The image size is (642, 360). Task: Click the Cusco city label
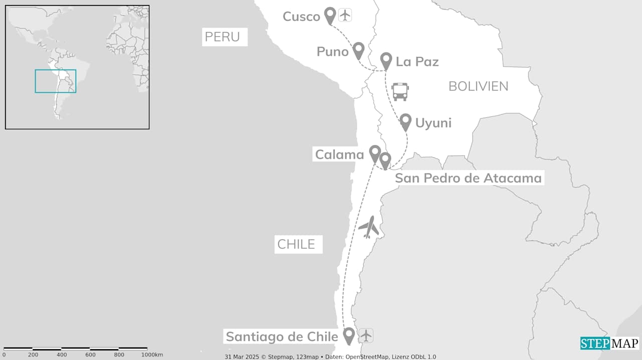coord(301,17)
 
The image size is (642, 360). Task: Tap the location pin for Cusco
coord(330,15)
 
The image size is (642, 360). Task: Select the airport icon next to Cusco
coord(345,15)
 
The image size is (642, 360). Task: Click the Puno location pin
coord(358,50)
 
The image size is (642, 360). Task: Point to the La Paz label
coord(417,62)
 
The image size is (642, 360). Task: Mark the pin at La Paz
coord(386,61)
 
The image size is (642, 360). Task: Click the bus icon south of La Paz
coord(400,92)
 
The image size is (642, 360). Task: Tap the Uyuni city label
coord(433,123)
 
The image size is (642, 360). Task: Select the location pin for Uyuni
coord(406,121)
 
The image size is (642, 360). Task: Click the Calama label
coord(339,154)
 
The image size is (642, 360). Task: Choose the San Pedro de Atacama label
coord(468,178)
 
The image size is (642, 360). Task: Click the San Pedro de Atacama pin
coord(385,160)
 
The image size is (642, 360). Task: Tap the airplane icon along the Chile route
coord(369,227)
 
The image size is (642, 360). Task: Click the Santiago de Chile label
coord(281,336)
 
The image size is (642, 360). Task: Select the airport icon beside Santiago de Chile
coord(366,335)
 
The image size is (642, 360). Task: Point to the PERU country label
coord(222,37)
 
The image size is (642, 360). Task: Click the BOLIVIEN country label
coord(478,86)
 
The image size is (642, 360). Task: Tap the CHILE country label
coord(296,245)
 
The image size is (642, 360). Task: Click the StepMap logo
coord(609,343)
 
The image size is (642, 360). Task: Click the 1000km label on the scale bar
coord(151,355)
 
